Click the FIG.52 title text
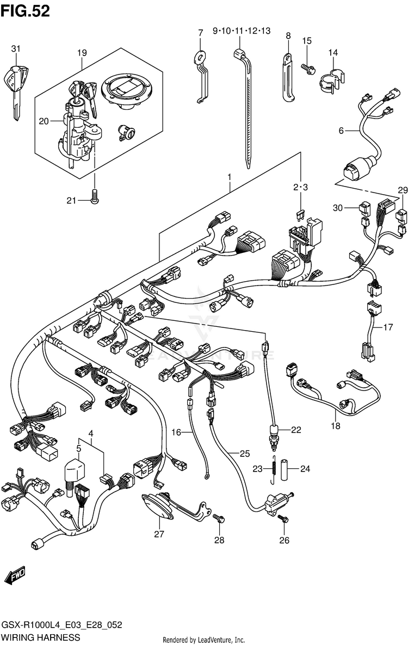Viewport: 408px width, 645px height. click(x=25, y=11)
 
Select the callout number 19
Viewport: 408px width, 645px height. click(x=82, y=53)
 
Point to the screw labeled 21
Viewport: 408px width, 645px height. click(x=94, y=197)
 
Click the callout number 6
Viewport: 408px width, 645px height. click(x=341, y=131)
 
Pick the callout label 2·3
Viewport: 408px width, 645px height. click(x=300, y=187)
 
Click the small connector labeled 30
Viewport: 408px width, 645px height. click(x=363, y=208)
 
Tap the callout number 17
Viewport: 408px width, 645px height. click(x=388, y=327)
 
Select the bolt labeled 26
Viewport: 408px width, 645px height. click(x=283, y=519)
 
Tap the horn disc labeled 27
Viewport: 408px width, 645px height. click(x=158, y=507)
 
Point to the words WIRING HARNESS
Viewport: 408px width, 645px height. click(x=40, y=637)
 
